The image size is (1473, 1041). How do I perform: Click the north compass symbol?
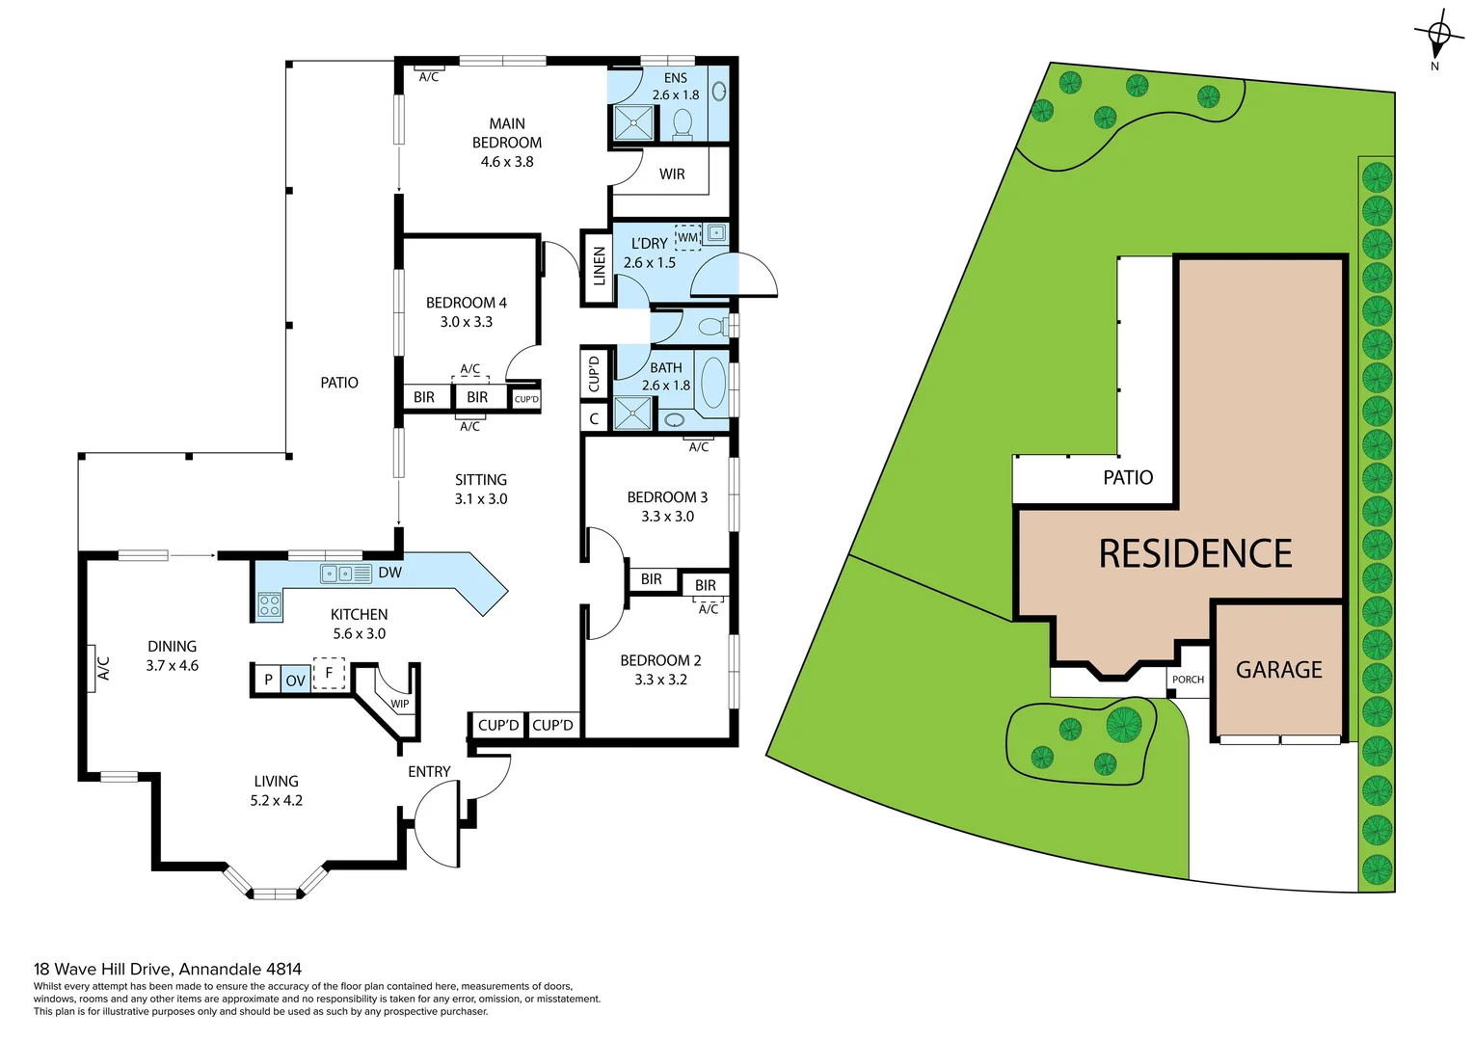coord(1437,36)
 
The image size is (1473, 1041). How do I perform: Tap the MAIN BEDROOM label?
coord(507,133)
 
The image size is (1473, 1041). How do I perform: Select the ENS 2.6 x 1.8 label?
coord(675,86)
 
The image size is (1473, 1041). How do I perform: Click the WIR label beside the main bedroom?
coord(672,174)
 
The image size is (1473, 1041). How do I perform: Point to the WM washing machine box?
coord(687,237)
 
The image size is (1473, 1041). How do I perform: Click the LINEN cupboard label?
coord(599,267)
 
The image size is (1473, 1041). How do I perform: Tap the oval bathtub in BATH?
coord(712,384)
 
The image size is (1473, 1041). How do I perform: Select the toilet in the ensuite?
coord(683,123)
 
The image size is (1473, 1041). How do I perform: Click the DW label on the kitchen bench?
coord(389,573)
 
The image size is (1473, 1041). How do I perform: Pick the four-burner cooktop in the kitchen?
coord(270,605)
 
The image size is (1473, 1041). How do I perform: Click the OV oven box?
coord(295,681)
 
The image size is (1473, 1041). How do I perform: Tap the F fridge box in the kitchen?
coord(329,673)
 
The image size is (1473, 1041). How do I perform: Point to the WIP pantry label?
coord(399,704)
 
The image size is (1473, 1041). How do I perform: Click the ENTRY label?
coord(429,772)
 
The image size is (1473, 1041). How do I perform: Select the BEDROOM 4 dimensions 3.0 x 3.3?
coord(466,322)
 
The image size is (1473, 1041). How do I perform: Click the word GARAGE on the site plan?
coord(1278,670)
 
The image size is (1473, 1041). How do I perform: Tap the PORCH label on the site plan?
coord(1188,680)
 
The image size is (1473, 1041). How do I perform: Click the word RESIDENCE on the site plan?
coord(1195,554)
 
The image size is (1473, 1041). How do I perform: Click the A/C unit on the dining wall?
coord(102,667)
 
